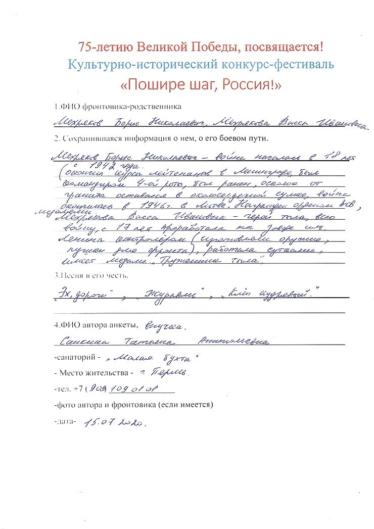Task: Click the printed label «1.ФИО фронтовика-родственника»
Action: [117, 107]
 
